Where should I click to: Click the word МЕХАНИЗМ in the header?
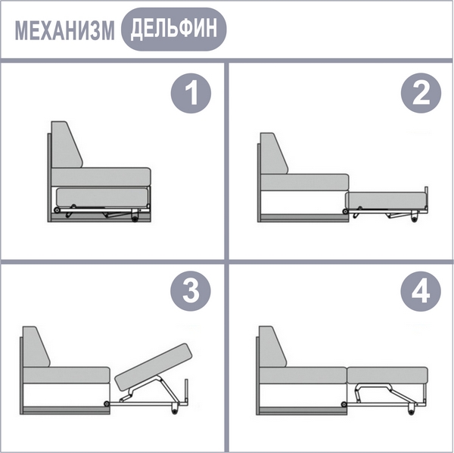pos(65,30)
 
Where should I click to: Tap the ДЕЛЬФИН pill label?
pos(174,29)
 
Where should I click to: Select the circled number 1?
pos(191,93)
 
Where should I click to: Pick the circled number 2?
pos(421,93)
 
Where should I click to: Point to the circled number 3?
pos(191,291)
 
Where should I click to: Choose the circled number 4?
pos(421,291)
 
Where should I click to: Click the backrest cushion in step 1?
pos(65,144)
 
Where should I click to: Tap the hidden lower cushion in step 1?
pos(102,197)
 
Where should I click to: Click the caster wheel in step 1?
pos(135,219)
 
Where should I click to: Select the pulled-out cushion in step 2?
pos(386,200)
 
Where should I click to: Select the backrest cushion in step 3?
pos(36,347)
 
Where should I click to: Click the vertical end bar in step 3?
pos(186,391)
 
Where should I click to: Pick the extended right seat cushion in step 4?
pos(387,375)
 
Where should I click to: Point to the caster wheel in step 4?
pos(411,411)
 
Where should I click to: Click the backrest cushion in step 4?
pos(272,347)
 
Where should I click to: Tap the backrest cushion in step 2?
pos(274,154)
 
